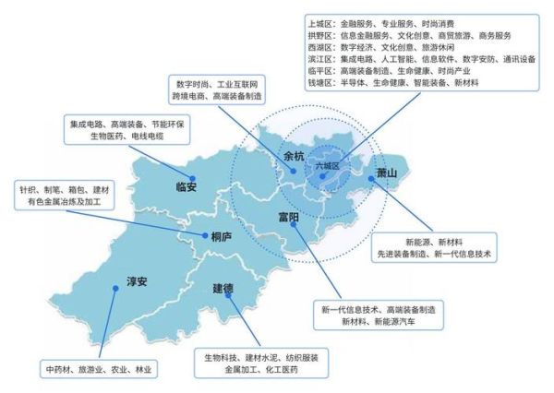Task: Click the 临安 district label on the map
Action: point(186,187)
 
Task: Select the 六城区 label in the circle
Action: point(328,165)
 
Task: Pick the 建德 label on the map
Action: point(223,289)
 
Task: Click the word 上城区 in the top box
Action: point(320,23)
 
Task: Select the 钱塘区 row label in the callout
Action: point(320,83)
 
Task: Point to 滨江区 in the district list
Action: point(320,59)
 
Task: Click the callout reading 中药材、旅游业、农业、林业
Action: point(101,369)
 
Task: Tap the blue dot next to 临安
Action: point(192,176)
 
